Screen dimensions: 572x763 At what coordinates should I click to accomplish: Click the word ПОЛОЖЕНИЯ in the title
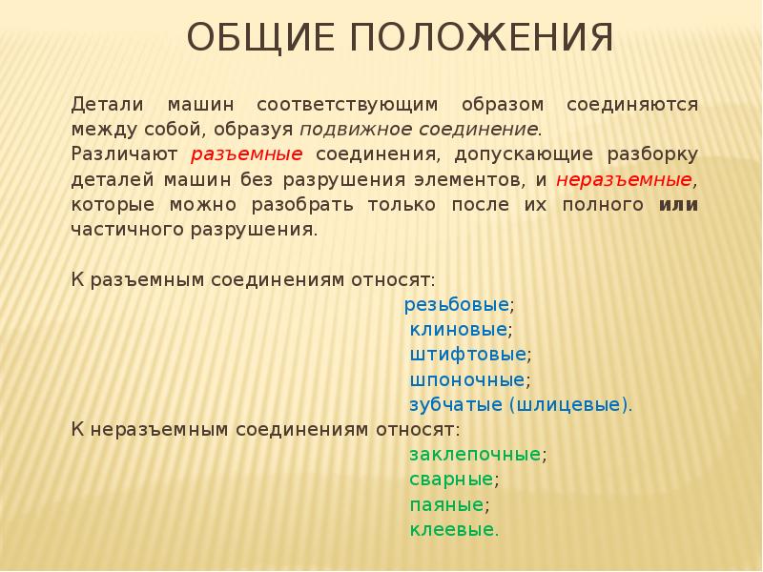click(476, 39)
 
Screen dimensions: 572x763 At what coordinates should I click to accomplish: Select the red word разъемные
click(247, 153)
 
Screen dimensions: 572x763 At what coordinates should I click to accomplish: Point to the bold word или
click(678, 204)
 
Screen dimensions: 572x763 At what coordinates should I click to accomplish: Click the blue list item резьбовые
click(456, 305)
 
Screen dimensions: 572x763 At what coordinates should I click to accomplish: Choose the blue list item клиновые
click(458, 330)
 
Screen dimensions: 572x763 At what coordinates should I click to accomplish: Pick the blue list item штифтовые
click(467, 355)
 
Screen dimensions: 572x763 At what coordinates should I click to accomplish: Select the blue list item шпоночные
click(467, 379)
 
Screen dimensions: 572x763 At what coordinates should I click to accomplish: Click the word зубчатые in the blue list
click(457, 404)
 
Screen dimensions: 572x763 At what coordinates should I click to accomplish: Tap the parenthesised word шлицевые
click(570, 404)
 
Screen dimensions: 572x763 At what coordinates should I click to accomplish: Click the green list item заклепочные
click(475, 454)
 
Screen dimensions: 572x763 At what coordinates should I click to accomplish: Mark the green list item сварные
click(451, 479)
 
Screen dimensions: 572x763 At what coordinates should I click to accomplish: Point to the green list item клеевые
click(452, 528)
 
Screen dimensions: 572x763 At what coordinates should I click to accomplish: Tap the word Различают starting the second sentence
click(125, 153)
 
